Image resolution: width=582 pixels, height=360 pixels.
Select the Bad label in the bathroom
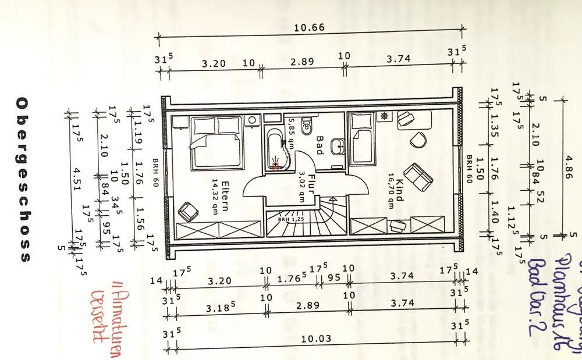click(x=319, y=145)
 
